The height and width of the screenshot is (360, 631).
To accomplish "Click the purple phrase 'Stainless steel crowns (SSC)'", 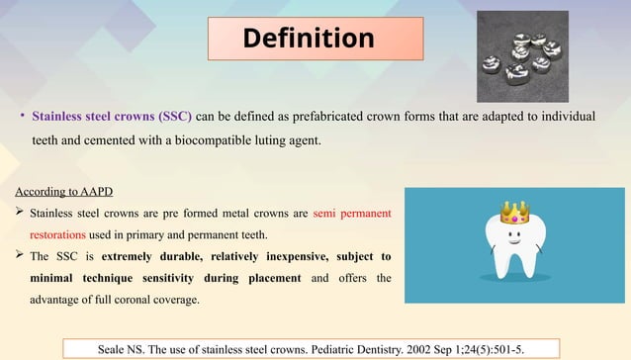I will [x=112, y=117].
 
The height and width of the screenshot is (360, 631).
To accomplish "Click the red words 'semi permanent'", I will [x=351, y=213].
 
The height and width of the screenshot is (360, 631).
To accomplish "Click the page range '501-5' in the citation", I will [x=508, y=348].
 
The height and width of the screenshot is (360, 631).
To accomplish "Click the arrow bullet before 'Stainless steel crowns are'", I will [x=20, y=213].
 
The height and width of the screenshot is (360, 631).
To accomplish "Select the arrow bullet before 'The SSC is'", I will [x=20, y=256].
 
